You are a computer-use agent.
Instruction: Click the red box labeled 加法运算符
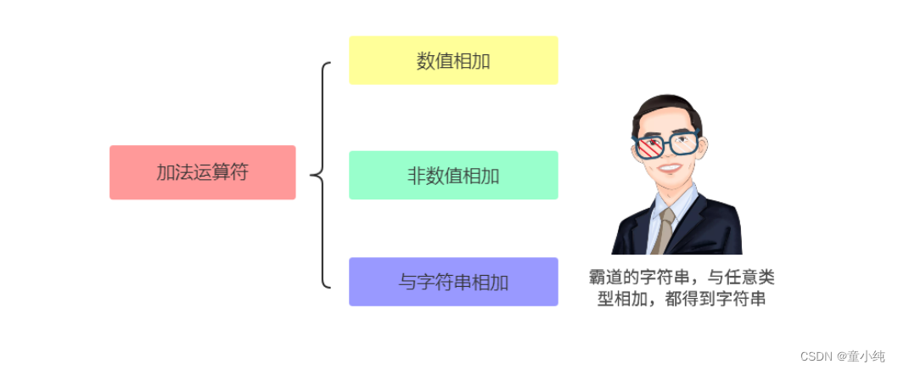[202, 172]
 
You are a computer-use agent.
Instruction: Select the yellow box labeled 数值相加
[453, 60]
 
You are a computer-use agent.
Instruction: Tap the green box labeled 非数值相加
[453, 176]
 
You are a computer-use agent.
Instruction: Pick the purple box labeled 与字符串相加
[453, 282]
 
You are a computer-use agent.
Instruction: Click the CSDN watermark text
[817, 356]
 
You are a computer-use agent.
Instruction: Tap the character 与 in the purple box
[407, 282]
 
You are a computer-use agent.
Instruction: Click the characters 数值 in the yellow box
[435, 60]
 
